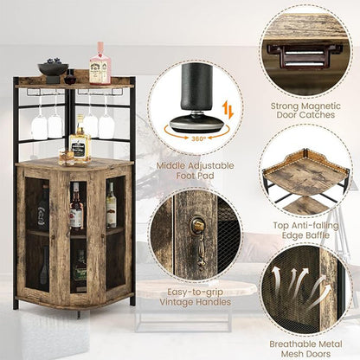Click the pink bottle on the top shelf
[x=100, y=63]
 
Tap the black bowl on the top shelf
[x=53, y=69]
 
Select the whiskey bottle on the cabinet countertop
[x=80, y=140]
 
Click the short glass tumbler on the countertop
[x=66, y=157]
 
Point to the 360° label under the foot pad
[x=199, y=138]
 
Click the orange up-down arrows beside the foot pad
[x=228, y=111]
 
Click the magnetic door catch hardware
[x=305, y=56]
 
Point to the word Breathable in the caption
[x=292, y=344]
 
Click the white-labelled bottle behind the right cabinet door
[x=111, y=205]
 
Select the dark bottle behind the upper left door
[x=42, y=209]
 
